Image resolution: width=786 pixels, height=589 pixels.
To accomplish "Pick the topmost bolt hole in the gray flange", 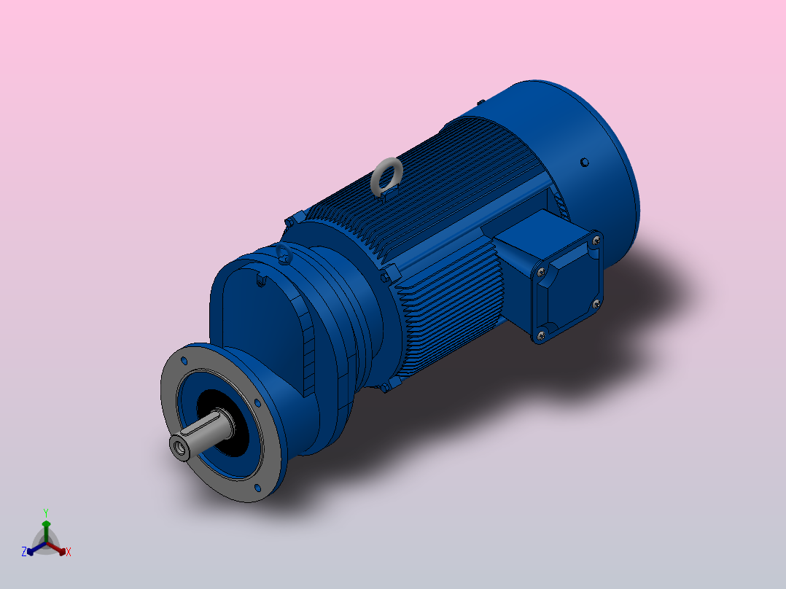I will click(x=184, y=360).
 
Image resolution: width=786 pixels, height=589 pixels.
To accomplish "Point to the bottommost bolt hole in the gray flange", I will click(x=257, y=487).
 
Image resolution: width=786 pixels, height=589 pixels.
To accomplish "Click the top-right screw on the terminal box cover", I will click(x=596, y=239).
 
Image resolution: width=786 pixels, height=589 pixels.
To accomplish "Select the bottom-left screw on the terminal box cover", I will click(x=540, y=335).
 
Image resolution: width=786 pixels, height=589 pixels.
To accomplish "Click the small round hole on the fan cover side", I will click(x=583, y=162).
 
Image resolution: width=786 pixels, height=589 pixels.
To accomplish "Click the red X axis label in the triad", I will click(x=69, y=552).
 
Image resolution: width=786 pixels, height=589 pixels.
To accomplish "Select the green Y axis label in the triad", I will click(x=45, y=512).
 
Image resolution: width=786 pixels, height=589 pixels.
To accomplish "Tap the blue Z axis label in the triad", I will click(x=24, y=552).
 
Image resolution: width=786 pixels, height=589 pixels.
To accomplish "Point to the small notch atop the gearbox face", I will click(x=260, y=278).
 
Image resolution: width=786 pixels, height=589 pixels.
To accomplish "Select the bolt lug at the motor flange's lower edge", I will click(x=384, y=388).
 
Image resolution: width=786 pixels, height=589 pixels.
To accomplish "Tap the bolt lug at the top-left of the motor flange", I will click(x=295, y=217).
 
